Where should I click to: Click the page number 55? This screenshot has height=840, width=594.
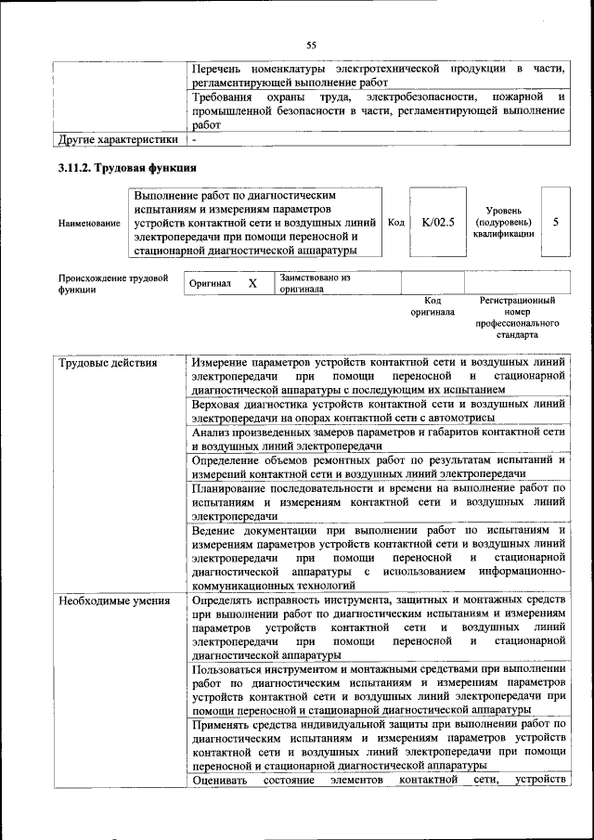pos(311,45)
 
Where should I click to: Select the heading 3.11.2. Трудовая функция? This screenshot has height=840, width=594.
pos(127,168)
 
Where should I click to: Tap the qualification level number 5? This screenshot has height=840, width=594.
pos(555,223)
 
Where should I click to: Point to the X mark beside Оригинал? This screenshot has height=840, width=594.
pos(252,282)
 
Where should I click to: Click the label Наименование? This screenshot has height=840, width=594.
pos(89,224)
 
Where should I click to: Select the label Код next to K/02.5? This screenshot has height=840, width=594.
pos(395,223)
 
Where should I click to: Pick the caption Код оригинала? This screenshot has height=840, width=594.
pos(432,306)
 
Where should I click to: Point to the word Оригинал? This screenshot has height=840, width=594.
pos(210,283)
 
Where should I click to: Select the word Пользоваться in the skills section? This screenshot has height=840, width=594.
pos(232,668)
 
